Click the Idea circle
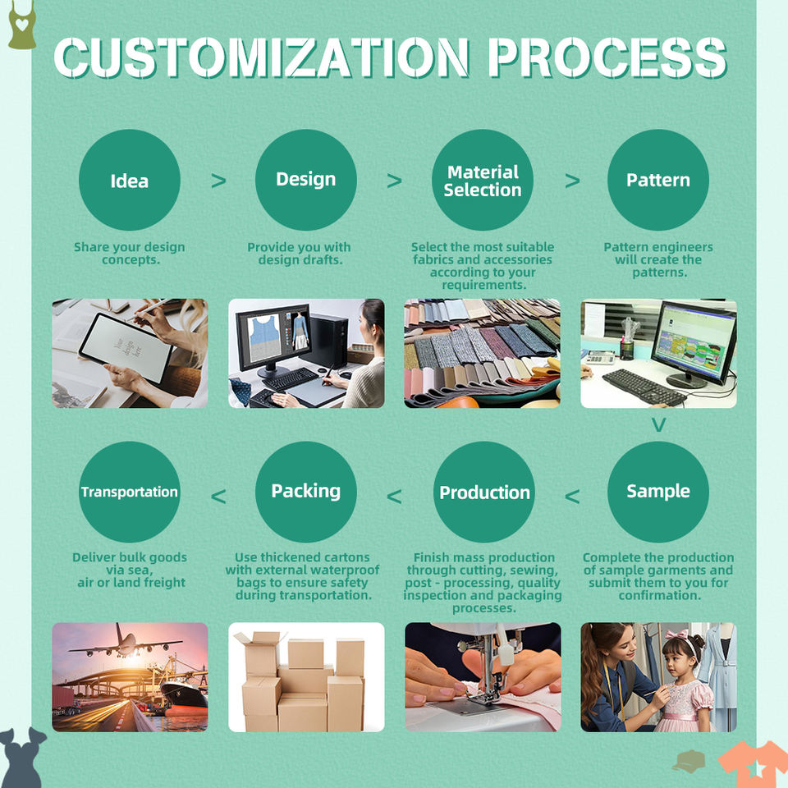[x=129, y=180]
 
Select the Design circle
[x=305, y=180]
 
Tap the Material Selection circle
[x=483, y=180]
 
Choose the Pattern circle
[x=657, y=180]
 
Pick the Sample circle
[x=657, y=492]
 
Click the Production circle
[x=483, y=492]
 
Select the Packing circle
[x=305, y=492]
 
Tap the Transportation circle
[x=129, y=492]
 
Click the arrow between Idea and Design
[x=218, y=181]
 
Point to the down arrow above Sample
[x=658, y=425]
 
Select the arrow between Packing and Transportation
[x=218, y=496]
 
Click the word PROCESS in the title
[x=607, y=57]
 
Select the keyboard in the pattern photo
[x=644, y=385]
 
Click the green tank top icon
[x=21, y=25]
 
